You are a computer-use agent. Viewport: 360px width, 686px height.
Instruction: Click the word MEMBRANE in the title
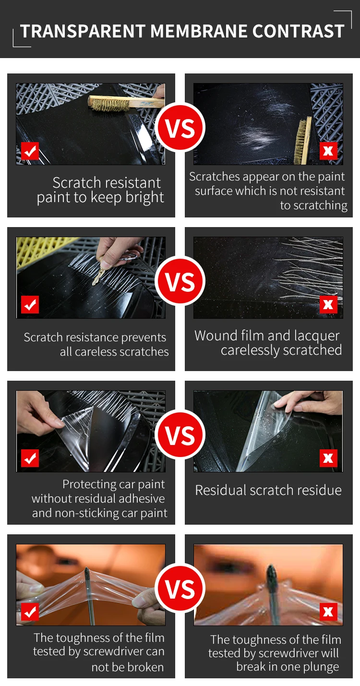click(198, 31)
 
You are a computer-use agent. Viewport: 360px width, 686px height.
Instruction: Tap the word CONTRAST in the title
click(298, 31)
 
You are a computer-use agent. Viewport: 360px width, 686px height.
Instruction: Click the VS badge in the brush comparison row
click(180, 127)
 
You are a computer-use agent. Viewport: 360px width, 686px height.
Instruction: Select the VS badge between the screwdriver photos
click(180, 589)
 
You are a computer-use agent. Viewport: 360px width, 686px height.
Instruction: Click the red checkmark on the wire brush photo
click(30, 151)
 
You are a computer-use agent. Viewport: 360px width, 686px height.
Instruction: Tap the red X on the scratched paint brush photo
click(328, 151)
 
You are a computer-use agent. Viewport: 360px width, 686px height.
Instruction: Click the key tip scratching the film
click(95, 282)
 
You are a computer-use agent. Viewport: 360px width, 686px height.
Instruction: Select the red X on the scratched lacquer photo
click(328, 304)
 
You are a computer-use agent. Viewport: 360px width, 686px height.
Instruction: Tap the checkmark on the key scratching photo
click(30, 305)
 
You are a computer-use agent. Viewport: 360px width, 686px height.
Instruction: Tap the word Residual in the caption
click(220, 490)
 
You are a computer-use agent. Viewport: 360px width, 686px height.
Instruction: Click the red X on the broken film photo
click(328, 612)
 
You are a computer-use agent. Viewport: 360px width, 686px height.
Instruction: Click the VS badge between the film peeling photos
click(180, 435)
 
